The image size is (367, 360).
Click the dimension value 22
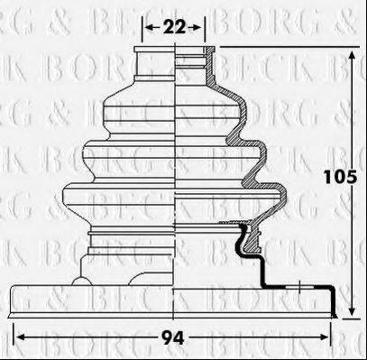pyautogui.click(x=175, y=27)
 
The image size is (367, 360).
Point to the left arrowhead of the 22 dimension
pyautogui.click(x=147, y=28)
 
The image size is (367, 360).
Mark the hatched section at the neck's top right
pyautogui.click(x=202, y=63)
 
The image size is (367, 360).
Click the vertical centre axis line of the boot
pyautogui.click(x=175, y=180)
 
